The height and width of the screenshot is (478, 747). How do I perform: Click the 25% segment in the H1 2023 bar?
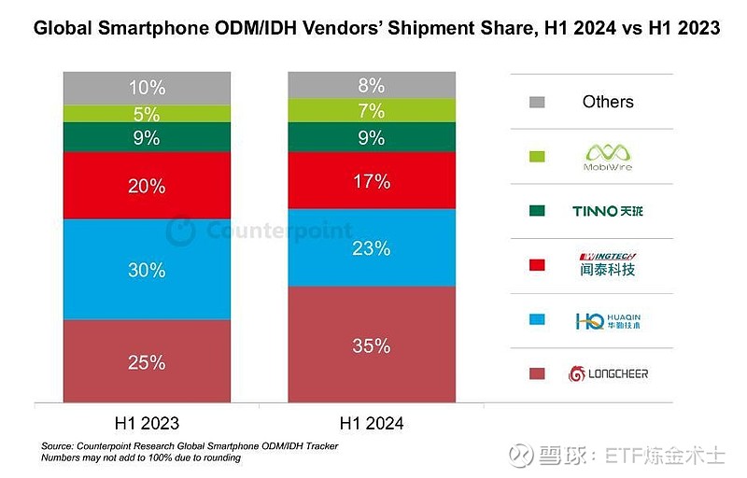[x=147, y=361]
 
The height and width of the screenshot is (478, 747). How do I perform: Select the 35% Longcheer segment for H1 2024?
[x=372, y=345]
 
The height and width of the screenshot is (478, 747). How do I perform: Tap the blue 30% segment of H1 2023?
[x=147, y=270]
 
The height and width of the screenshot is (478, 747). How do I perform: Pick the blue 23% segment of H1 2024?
[x=372, y=248]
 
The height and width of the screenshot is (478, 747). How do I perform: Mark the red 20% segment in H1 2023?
[x=147, y=186]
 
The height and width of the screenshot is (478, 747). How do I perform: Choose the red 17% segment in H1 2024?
[x=372, y=181]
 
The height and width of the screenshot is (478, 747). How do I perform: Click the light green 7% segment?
[x=372, y=111]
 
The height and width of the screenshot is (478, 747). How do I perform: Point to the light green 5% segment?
[x=147, y=115]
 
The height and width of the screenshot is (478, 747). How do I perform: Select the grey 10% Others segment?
[x=147, y=88]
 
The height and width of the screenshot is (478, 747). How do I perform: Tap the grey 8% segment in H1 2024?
[x=372, y=85]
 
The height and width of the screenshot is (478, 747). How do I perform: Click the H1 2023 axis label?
[x=147, y=423]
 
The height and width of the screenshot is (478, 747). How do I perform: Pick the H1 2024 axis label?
[x=372, y=423]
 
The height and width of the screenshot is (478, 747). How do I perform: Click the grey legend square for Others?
[x=536, y=102]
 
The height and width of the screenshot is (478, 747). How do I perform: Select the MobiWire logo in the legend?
[x=607, y=155]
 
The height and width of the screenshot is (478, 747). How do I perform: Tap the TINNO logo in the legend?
[x=607, y=211]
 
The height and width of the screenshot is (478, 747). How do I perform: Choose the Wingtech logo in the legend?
[x=607, y=264]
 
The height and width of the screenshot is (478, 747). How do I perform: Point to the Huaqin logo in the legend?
[x=607, y=320]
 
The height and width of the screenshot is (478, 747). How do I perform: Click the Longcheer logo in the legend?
[x=607, y=373]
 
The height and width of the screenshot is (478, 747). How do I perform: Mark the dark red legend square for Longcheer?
[x=536, y=373]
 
